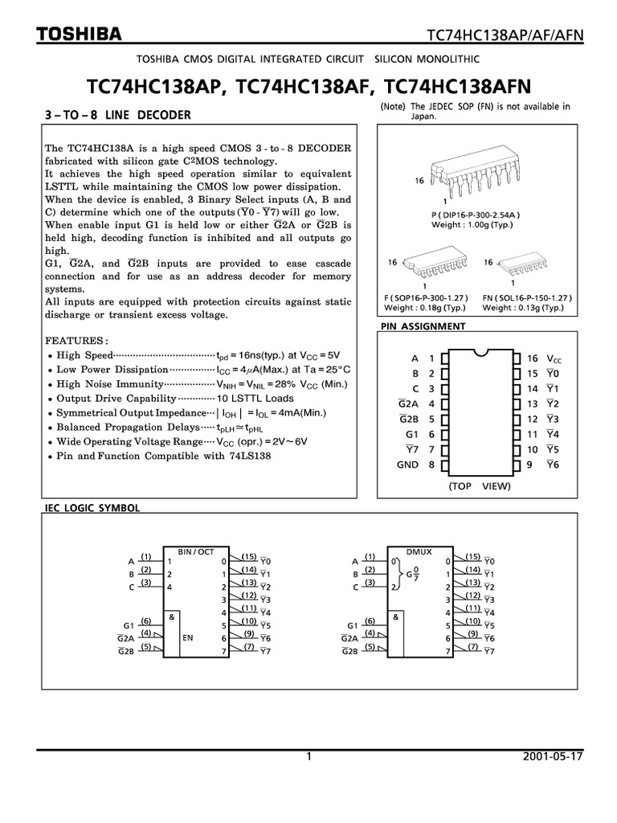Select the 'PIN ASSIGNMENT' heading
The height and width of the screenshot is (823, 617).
tap(422, 326)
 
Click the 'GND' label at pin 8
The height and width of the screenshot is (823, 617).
tap(408, 465)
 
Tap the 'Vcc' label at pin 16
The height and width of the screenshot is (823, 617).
tap(554, 358)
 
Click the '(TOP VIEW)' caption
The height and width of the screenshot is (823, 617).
tap(480, 487)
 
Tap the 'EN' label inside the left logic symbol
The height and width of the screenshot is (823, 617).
tap(189, 637)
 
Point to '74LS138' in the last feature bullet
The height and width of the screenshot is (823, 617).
tap(251, 456)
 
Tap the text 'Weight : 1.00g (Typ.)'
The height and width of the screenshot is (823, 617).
tap(472, 224)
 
